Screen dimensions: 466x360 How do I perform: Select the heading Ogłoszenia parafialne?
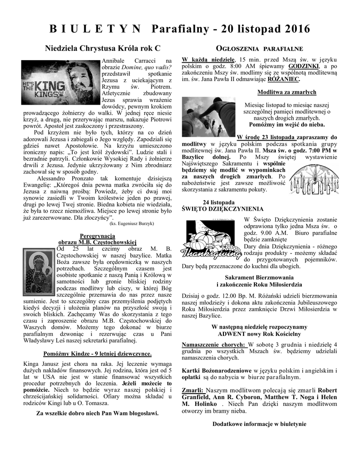(259, 49)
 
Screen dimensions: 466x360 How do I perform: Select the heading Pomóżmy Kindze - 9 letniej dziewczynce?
(97, 353)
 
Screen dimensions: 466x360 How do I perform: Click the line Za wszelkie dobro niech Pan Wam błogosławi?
(97, 413)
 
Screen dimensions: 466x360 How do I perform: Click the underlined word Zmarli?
(193, 390)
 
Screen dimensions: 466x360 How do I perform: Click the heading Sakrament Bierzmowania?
(259, 277)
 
